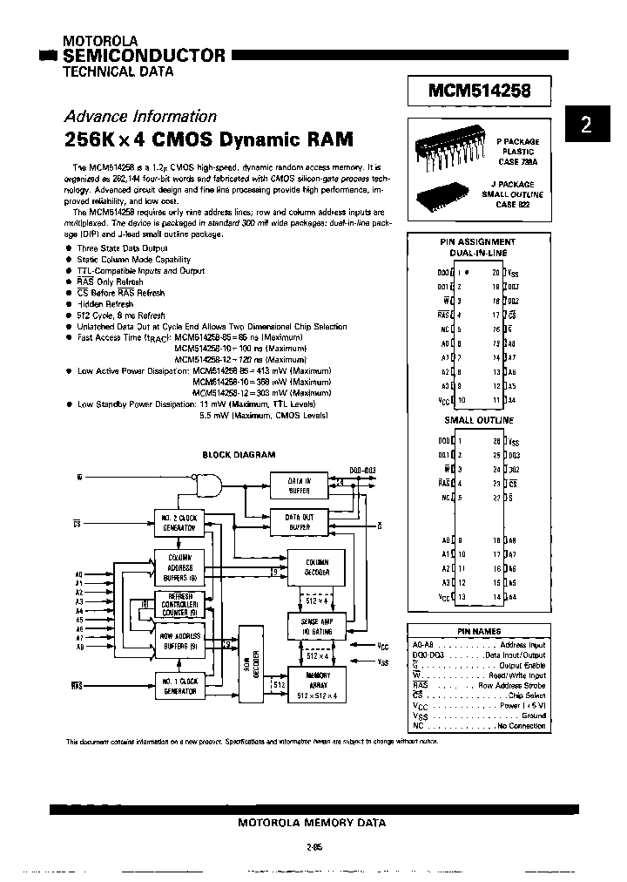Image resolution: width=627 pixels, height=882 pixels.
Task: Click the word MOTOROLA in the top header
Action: click(100, 41)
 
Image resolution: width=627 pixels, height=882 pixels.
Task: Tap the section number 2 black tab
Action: click(586, 125)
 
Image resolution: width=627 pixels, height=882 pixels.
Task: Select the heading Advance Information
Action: click(140, 116)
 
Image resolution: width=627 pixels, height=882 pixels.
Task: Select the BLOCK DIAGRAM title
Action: click(239, 454)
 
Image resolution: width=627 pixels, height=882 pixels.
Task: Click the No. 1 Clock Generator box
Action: click(179, 685)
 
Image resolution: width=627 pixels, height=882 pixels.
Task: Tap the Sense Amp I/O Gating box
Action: click(316, 624)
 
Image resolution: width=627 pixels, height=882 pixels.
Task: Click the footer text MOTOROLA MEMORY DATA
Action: click(311, 822)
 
